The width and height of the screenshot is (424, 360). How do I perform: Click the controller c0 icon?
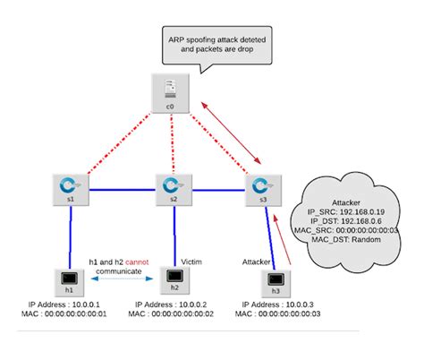coord(169,89)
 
